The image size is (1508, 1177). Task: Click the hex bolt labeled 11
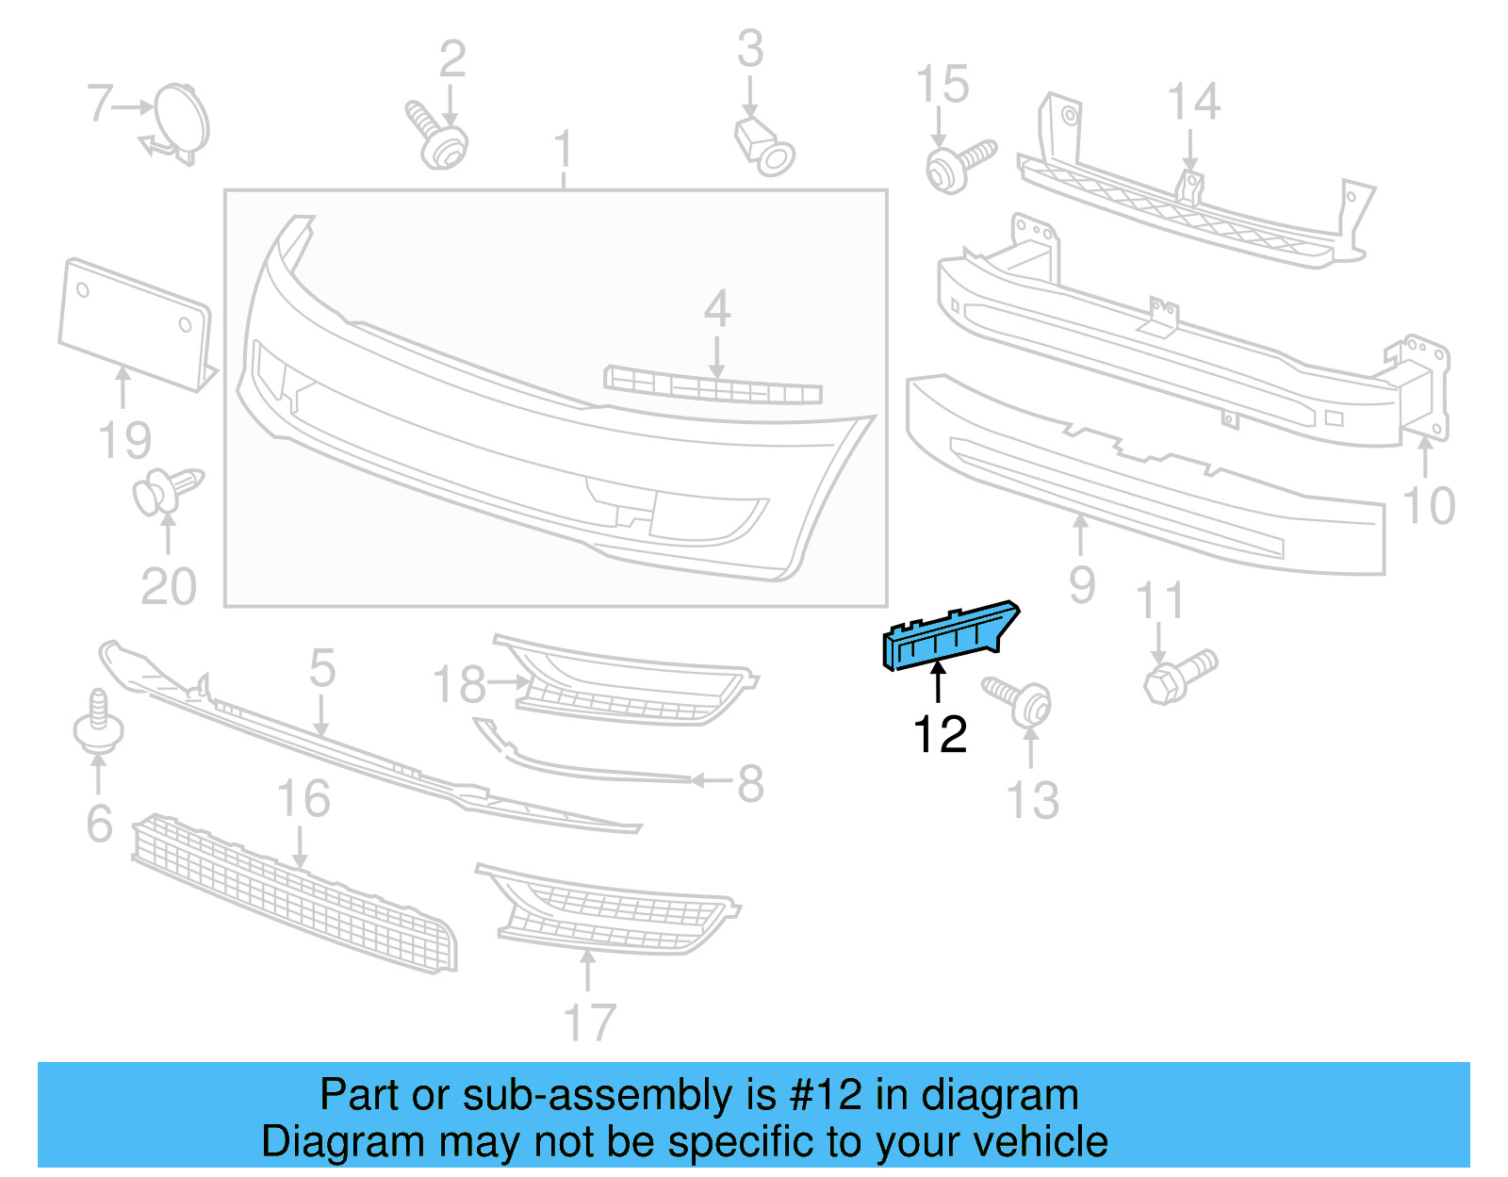[x=1178, y=677]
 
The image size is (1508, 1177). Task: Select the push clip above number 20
[x=165, y=491]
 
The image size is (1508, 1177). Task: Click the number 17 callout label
[x=589, y=1022]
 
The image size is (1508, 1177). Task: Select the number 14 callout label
[x=1193, y=102]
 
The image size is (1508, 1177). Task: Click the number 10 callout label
[x=1429, y=507]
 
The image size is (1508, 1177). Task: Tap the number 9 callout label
[x=1082, y=585]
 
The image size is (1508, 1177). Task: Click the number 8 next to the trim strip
[x=750, y=783]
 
